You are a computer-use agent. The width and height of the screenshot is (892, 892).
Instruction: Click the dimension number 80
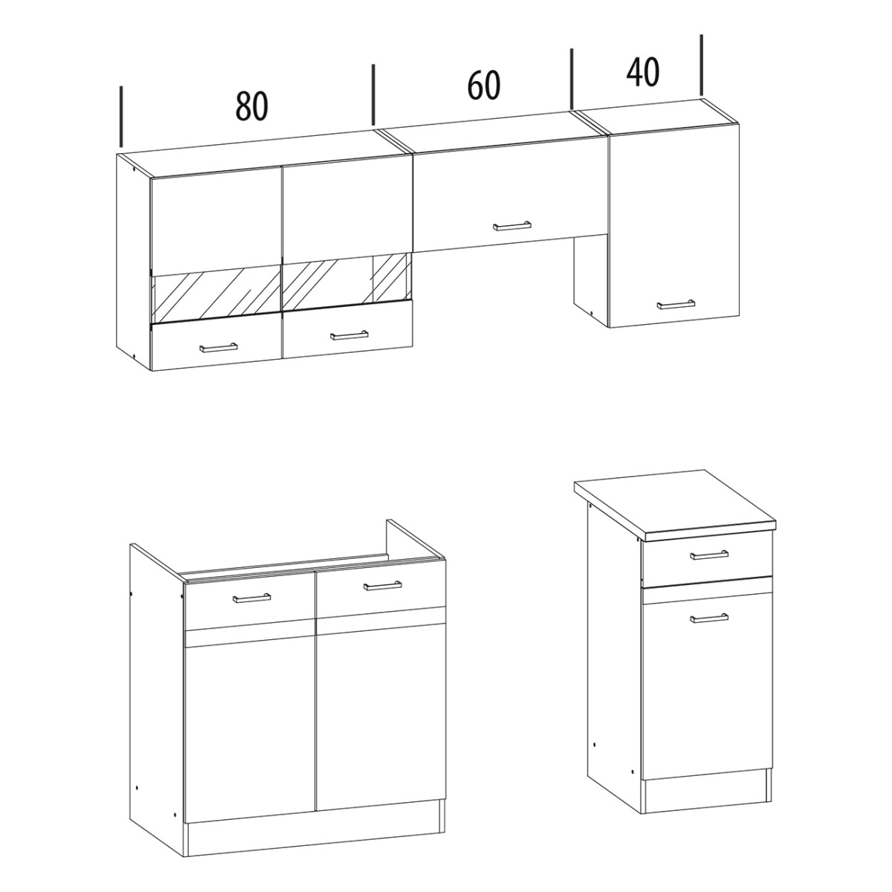252,106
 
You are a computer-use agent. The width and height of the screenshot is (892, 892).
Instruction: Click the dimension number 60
484,85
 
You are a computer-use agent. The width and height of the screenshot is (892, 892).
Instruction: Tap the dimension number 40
643,72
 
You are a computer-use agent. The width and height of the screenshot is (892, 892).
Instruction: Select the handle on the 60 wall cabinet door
512,226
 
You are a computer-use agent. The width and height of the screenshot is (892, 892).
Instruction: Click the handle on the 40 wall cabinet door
676,304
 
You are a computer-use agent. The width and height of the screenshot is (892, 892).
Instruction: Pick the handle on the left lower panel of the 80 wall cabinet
218,347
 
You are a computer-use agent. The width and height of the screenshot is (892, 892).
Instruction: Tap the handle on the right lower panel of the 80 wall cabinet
349,335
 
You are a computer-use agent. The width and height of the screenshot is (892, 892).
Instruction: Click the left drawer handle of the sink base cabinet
251,598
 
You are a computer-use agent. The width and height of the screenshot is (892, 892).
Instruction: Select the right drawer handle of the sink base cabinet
382,586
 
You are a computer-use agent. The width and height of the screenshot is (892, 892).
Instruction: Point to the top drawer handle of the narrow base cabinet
708,555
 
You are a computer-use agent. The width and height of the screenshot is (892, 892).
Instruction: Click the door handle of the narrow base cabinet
708,618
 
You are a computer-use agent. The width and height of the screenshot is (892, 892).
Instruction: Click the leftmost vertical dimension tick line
121,116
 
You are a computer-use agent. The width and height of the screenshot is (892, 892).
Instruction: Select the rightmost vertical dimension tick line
702,65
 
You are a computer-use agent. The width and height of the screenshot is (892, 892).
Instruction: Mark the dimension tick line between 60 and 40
572,79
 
